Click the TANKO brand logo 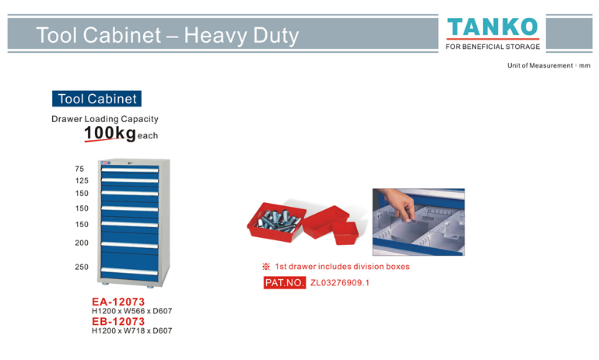tap(492, 27)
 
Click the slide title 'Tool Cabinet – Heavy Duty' tap(167, 35)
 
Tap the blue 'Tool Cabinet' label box tap(96, 99)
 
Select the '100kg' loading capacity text tap(110, 133)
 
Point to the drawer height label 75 tap(79, 169)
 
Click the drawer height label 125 tap(82, 180)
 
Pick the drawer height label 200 tap(82, 243)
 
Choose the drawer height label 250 tap(82, 267)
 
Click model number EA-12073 tap(118, 302)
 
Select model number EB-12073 tap(118, 321)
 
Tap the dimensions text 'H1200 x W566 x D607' tap(131, 311)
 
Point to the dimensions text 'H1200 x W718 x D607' tap(131, 331)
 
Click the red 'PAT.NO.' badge tap(285, 282)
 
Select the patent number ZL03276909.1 tap(340, 282)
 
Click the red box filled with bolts tap(277, 222)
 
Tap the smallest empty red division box tap(345, 233)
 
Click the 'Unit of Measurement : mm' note tap(548, 65)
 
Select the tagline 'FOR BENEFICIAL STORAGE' tap(492, 47)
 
